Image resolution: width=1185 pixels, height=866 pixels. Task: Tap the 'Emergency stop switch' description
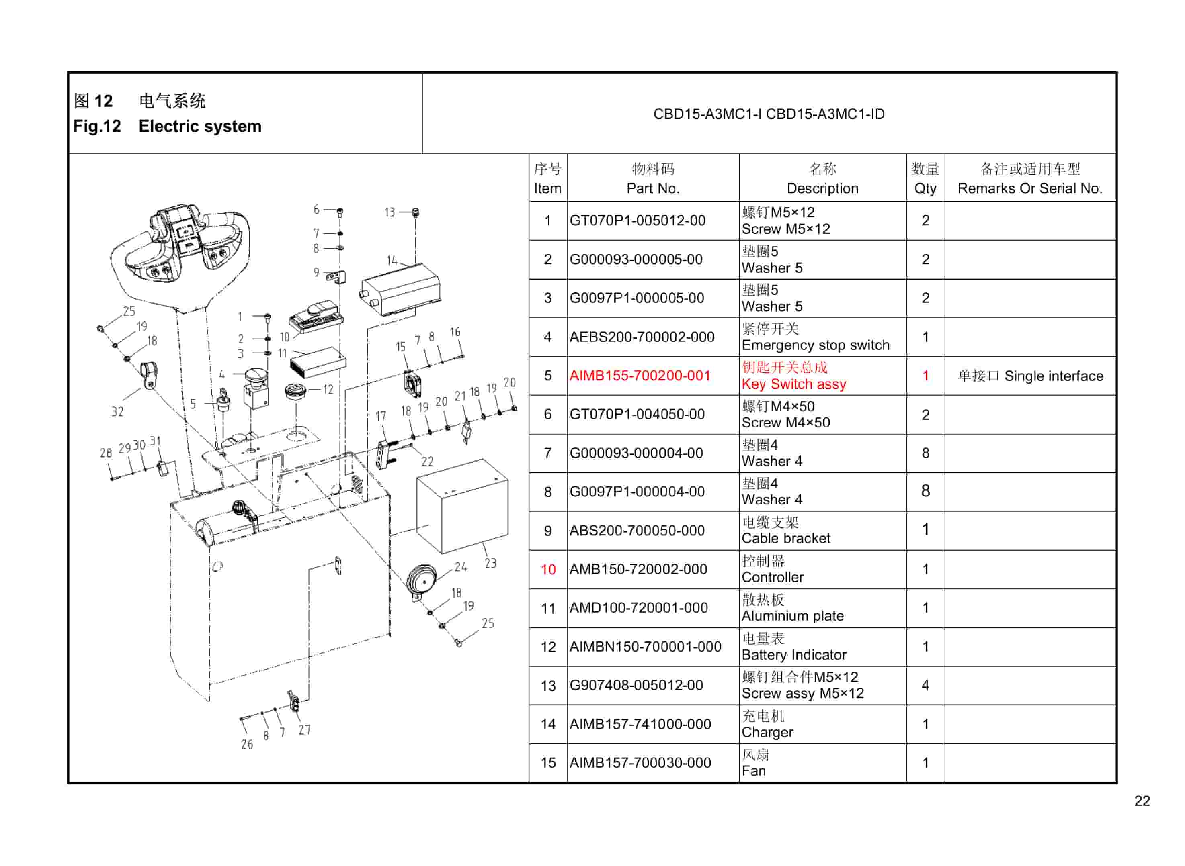(815, 345)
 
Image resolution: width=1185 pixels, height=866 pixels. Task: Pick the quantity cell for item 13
(925, 685)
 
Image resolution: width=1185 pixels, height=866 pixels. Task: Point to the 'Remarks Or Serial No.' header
(1030, 188)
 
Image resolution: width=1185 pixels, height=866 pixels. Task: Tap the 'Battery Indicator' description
(793, 655)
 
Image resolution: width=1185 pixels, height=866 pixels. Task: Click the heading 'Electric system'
(200, 127)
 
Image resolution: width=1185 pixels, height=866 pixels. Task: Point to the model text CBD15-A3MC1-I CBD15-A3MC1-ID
(769, 114)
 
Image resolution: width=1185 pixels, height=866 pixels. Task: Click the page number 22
(1142, 801)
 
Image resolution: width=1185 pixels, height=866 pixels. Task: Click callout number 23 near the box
(490, 563)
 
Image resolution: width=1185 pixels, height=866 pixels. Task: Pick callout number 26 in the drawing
(246, 744)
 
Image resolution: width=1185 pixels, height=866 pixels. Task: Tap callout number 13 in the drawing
(389, 212)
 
